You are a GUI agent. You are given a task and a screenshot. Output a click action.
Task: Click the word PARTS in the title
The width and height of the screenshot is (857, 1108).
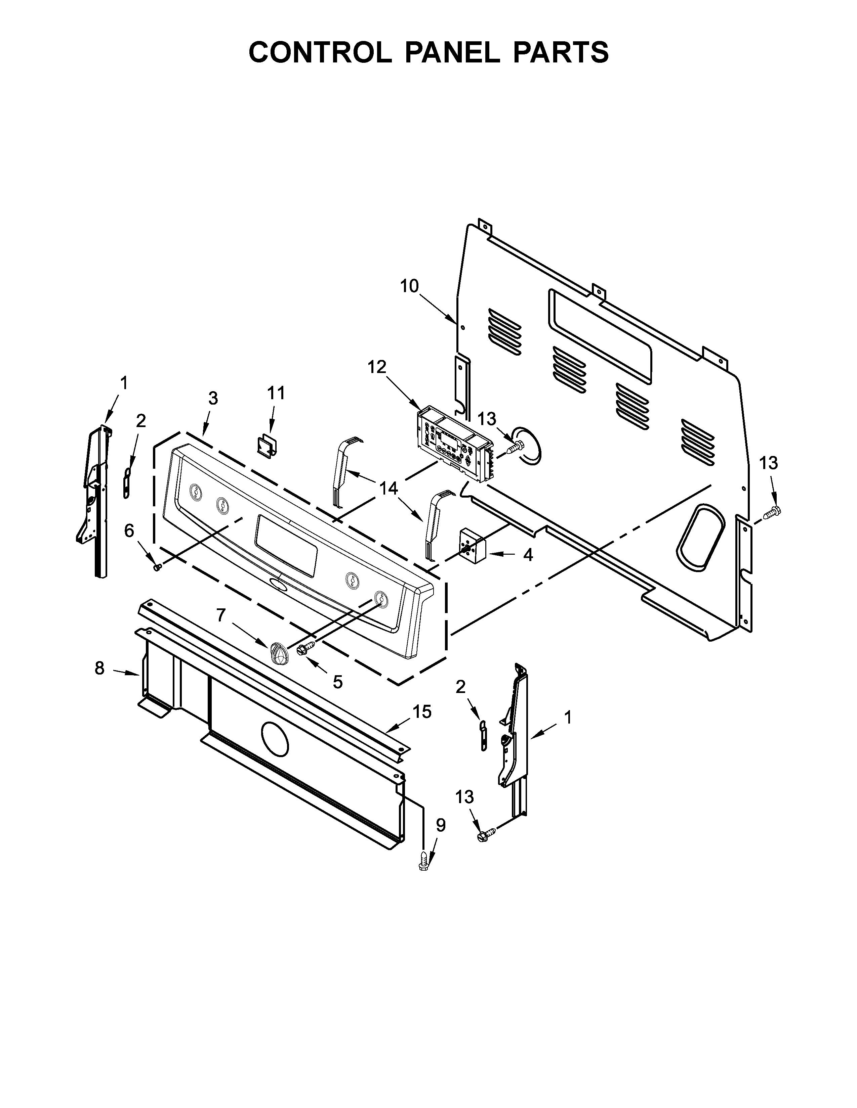point(560,52)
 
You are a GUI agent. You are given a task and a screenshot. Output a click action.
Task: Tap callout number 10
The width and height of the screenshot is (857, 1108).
point(409,287)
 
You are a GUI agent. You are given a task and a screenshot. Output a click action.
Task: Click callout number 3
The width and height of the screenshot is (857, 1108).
point(213,399)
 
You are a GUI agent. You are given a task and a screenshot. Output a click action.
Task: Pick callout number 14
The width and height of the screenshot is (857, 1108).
point(389,489)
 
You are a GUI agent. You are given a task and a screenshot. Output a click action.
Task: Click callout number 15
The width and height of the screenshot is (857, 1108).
point(422,712)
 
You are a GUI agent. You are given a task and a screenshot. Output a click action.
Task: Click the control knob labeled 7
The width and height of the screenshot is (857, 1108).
point(278,653)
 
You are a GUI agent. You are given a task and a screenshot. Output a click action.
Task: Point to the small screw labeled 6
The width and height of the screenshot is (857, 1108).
point(157,567)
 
